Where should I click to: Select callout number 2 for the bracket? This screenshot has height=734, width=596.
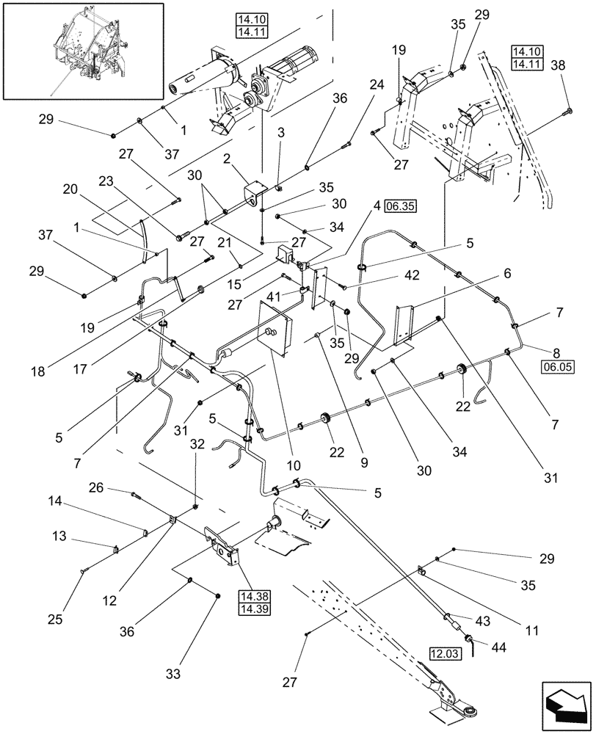(207, 159)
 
